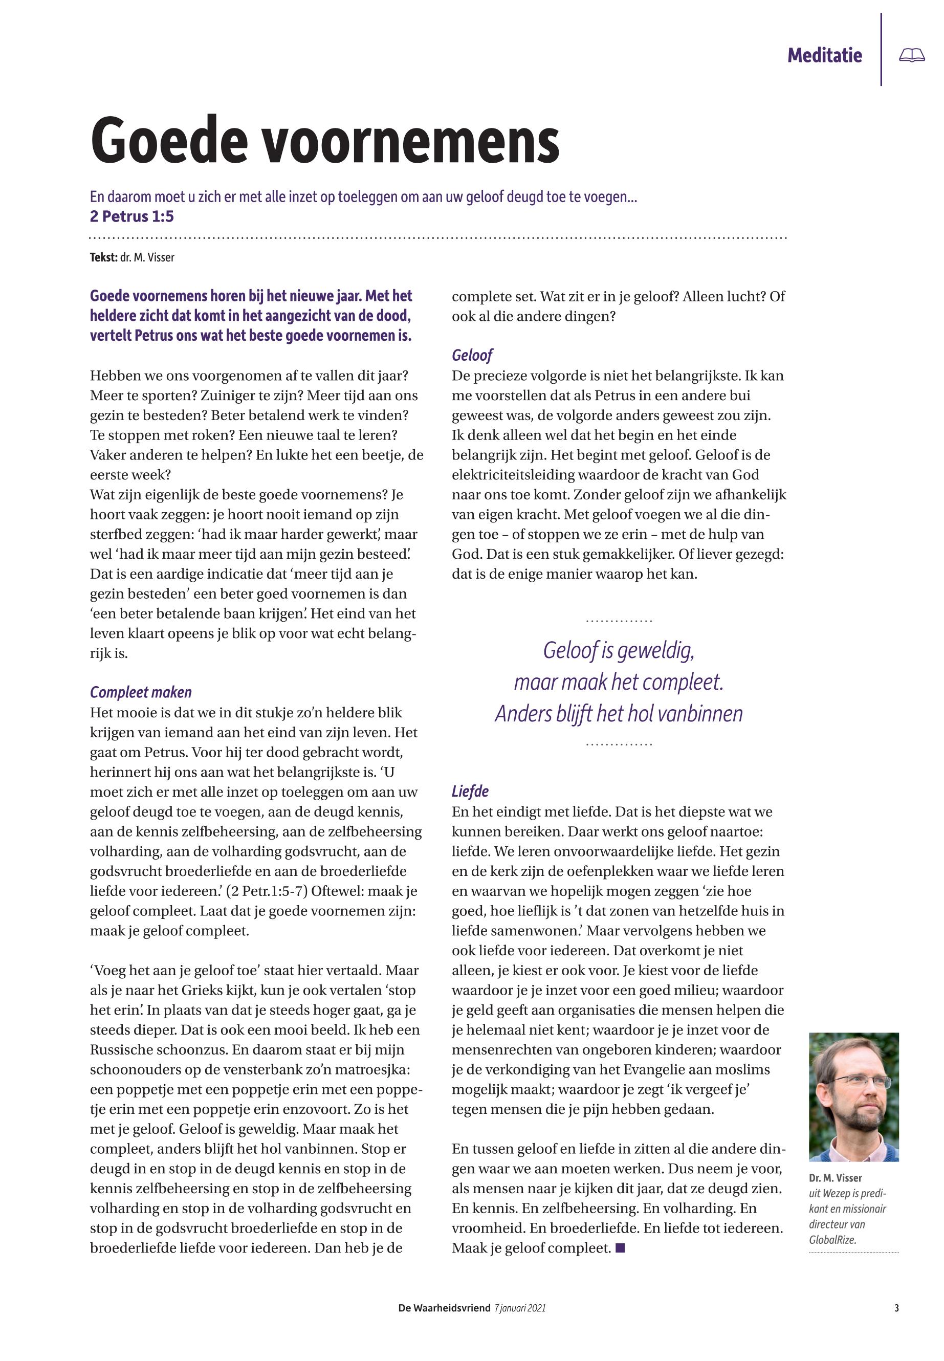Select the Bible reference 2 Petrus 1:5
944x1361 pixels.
pos(132,216)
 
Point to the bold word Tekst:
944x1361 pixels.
pos(103,257)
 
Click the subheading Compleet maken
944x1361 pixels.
pos(141,692)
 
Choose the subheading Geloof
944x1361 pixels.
pos(472,355)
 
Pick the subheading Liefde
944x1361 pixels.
pos(470,792)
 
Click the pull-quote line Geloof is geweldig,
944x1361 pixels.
pos(618,651)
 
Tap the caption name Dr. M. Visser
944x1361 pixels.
pos(835,1178)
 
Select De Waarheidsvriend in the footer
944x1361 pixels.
pos(444,1308)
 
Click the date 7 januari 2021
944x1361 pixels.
pos(519,1308)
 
